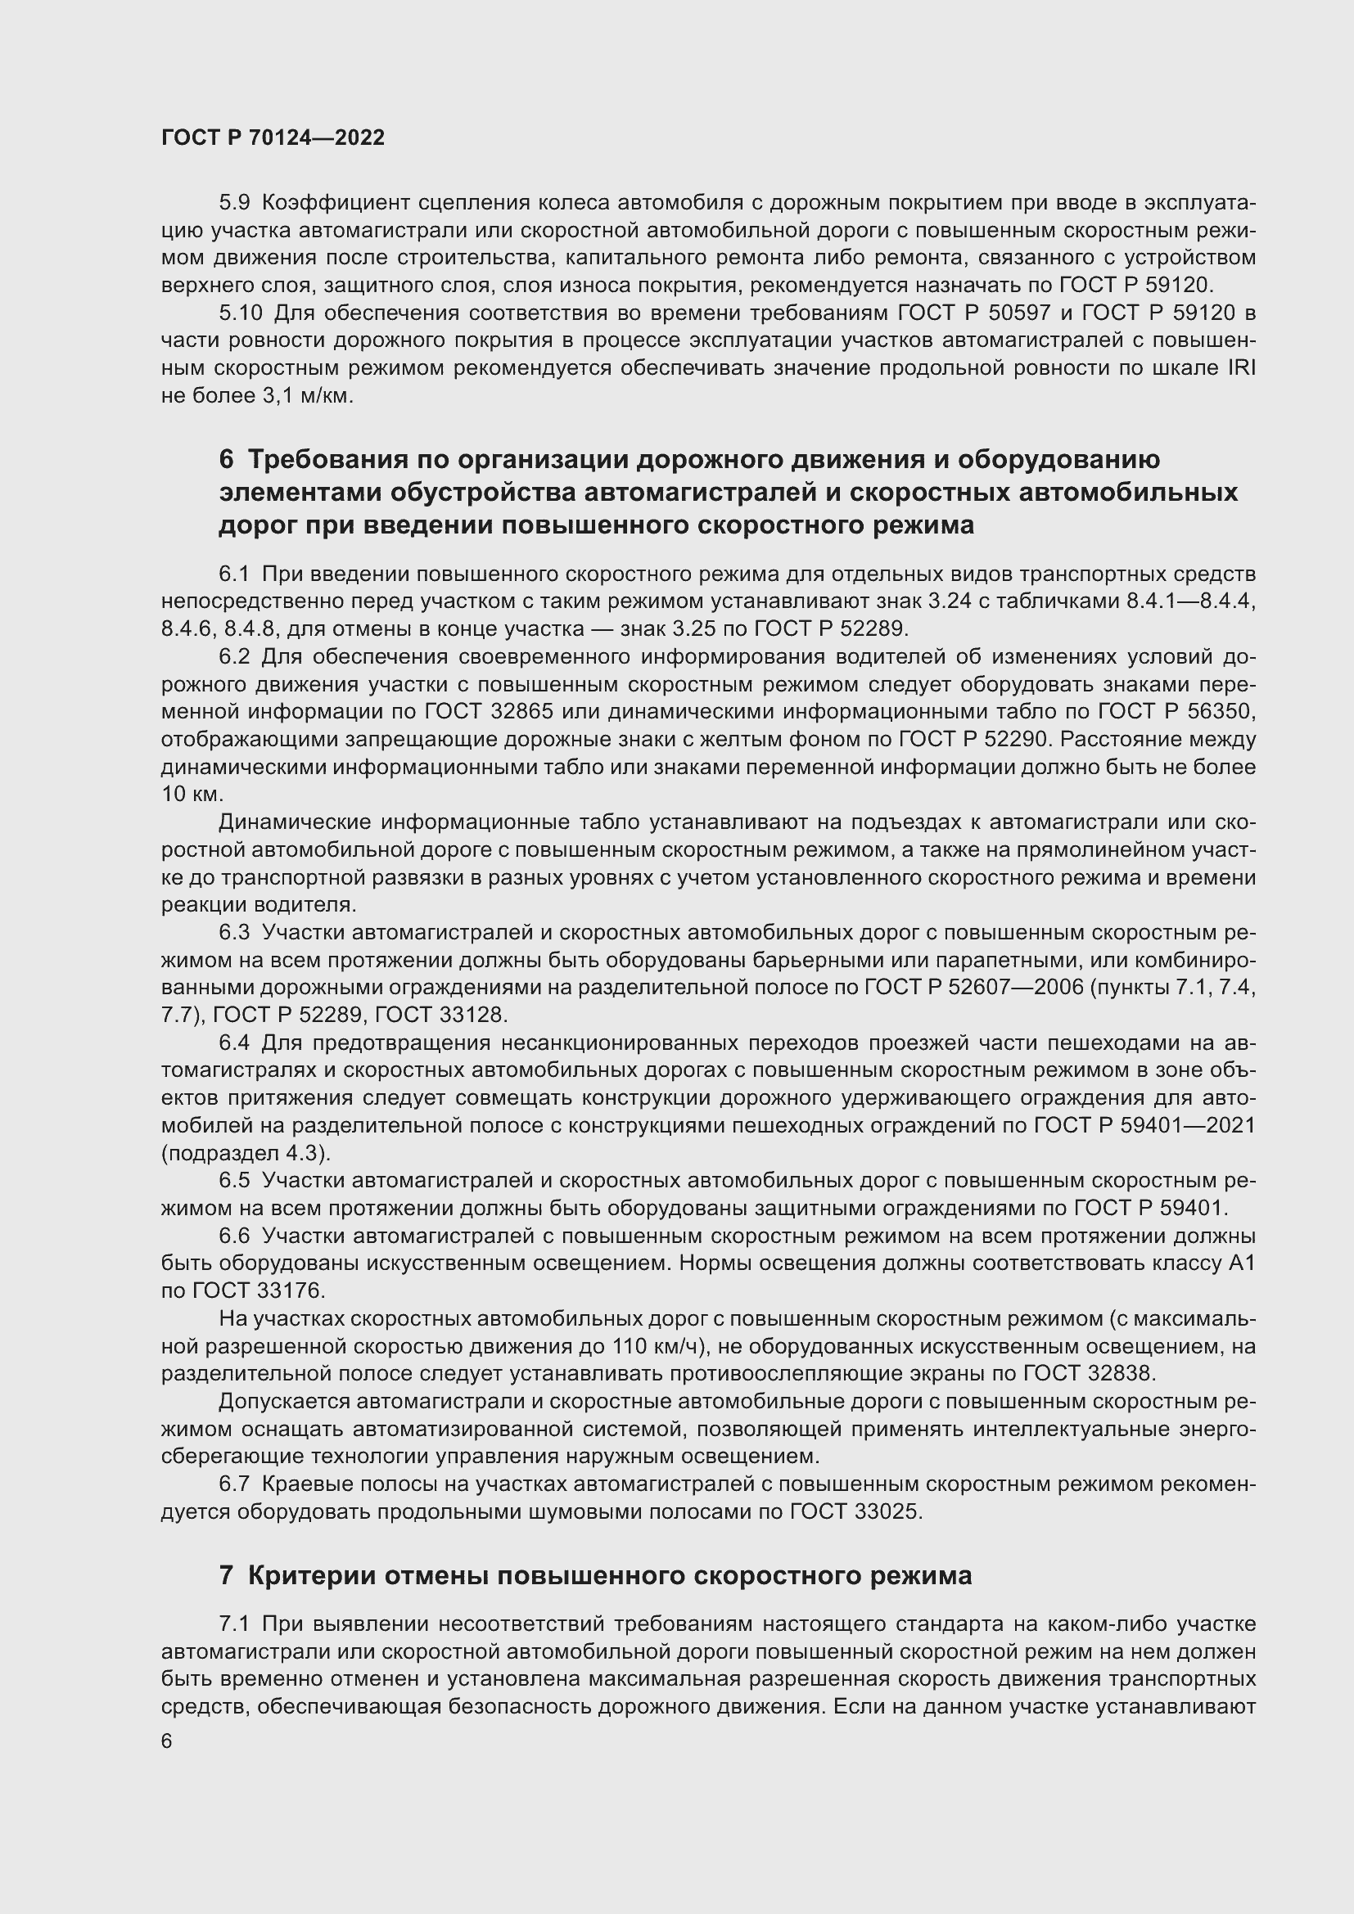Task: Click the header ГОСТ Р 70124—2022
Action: (x=273, y=138)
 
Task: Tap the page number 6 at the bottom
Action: (x=167, y=1741)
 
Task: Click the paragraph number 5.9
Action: (x=234, y=203)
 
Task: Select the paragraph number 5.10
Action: (x=240, y=313)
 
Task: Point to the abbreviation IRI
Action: (x=1242, y=367)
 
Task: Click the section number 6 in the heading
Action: (x=226, y=459)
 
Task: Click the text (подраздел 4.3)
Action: (x=246, y=1153)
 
